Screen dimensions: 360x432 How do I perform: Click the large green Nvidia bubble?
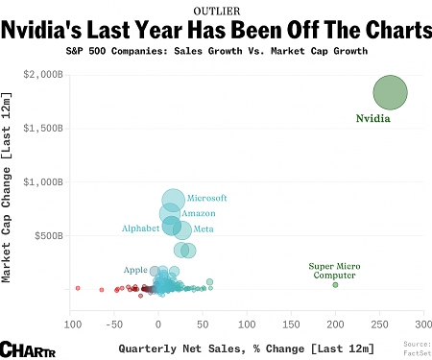390,92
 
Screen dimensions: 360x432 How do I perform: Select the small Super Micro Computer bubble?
335,284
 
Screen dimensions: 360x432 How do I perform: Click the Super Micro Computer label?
333,270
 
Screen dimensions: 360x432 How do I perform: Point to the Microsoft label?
206,197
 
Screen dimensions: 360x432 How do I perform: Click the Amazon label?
199,212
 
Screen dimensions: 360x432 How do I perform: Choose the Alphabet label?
141,228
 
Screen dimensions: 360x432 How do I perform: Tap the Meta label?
204,228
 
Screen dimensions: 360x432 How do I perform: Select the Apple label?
135,270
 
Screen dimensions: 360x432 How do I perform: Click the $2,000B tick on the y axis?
43,74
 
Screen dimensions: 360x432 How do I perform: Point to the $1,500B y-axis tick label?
43,128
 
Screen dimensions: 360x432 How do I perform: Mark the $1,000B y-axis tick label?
43,181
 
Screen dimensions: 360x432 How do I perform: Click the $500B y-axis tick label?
47,235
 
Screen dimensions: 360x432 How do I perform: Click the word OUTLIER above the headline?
216,10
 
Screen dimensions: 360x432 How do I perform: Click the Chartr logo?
25,348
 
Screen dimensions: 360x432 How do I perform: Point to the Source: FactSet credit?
417,348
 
